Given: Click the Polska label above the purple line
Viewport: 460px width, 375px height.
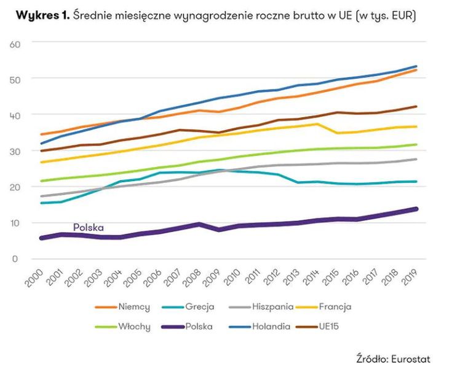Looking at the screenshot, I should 89,227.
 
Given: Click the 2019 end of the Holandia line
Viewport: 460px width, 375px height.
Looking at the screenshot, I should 416,66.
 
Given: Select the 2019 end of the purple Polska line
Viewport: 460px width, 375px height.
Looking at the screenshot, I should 416,209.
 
